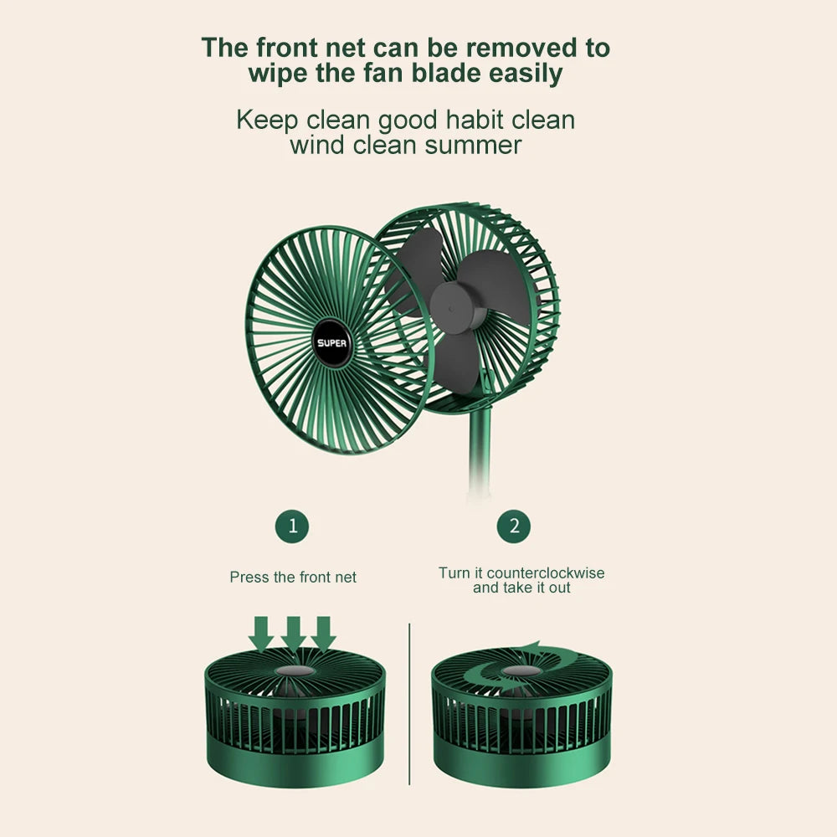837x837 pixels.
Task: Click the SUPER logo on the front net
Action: point(336,341)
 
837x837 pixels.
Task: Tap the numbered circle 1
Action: point(292,526)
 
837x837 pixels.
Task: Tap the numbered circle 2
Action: point(514,526)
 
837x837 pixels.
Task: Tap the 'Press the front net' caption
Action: point(293,577)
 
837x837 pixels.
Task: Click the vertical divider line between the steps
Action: point(409,703)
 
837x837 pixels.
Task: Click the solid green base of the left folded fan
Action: point(295,762)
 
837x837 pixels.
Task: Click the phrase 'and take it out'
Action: point(521,588)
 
